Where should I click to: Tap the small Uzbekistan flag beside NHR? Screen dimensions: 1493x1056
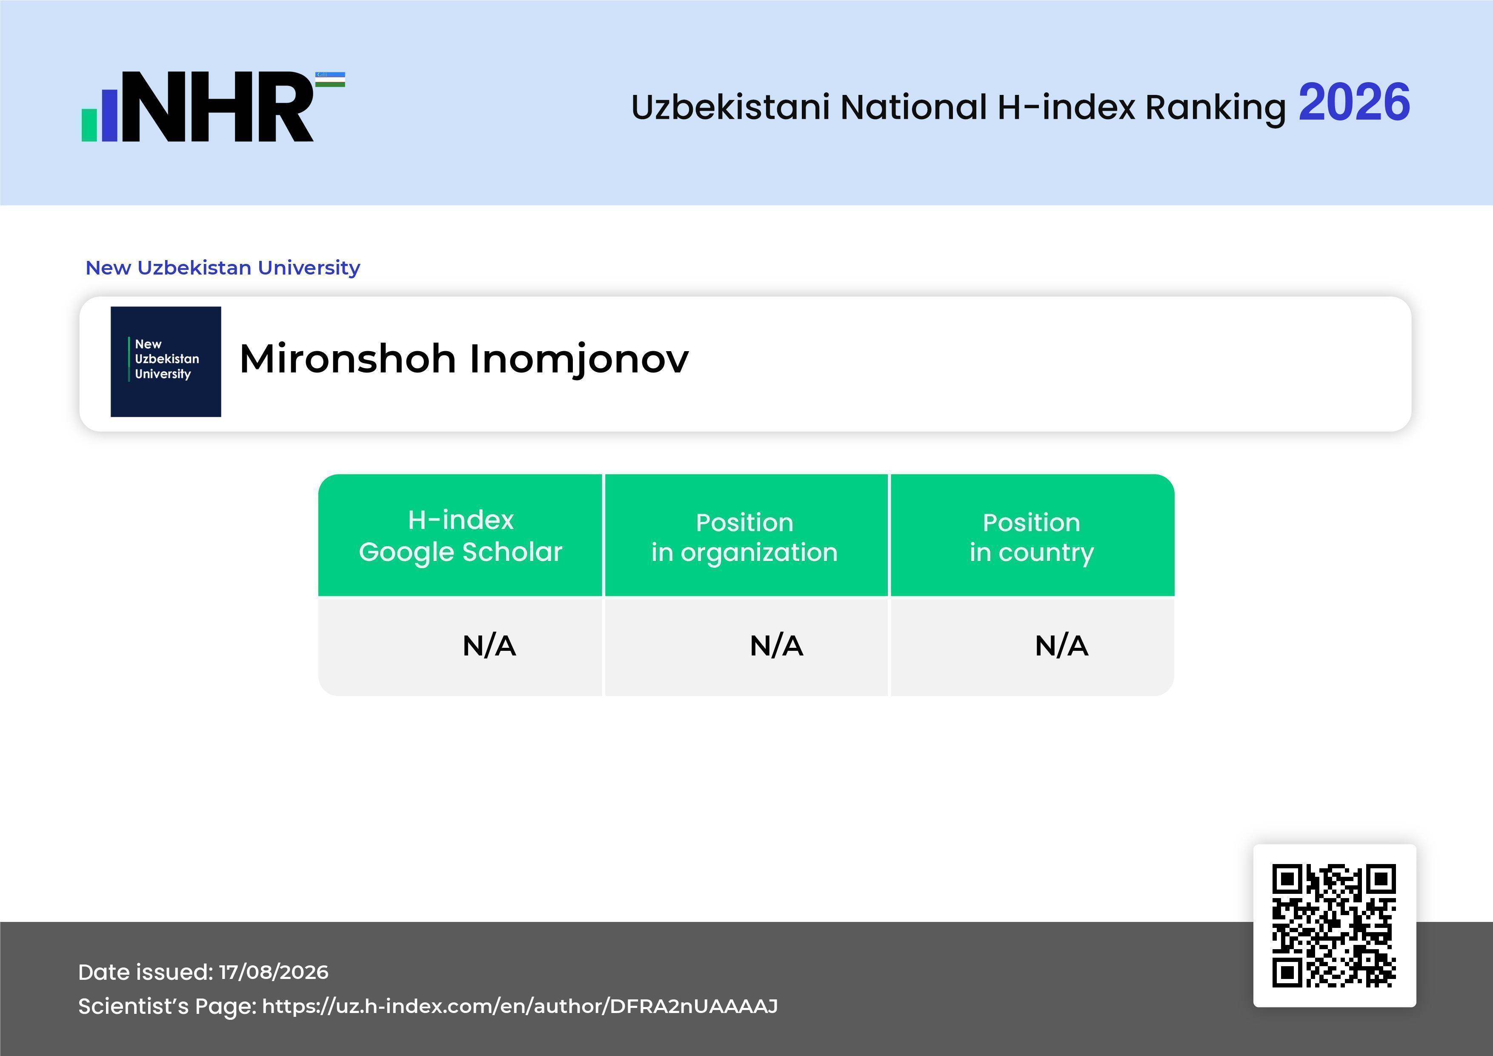(x=330, y=79)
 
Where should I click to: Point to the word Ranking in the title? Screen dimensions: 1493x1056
(x=1216, y=108)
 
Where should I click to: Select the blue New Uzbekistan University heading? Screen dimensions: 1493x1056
(x=223, y=267)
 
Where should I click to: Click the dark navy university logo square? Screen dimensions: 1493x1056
(x=166, y=361)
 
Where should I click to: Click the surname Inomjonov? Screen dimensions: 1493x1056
(x=579, y=360)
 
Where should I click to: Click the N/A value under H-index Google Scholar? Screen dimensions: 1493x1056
(x=489, y=646)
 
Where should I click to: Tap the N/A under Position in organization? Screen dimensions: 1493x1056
(x=776, y=646)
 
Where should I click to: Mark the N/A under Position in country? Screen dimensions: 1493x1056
(x=1061, y=646)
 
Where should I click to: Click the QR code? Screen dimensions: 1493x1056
(x=1334, y=925)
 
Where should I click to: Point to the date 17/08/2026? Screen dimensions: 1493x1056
(x=274, y=972)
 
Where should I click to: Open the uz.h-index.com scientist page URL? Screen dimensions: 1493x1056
(x=520, y=1006)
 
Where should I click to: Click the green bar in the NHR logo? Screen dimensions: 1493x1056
(x=89, y=125)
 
